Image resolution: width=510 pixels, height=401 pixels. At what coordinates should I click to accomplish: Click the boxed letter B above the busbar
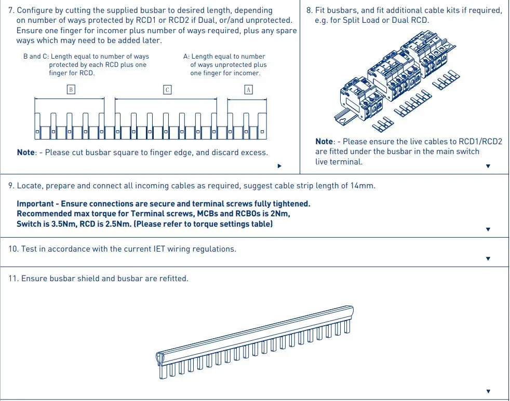(71, 89)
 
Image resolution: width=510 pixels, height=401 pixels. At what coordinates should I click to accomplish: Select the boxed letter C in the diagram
(167, 89)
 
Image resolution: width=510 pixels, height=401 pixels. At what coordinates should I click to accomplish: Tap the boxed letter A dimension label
(249, 89)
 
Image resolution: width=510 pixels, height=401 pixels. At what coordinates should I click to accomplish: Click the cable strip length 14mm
(362, 186)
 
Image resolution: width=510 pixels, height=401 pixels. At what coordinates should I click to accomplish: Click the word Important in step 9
(35, 204)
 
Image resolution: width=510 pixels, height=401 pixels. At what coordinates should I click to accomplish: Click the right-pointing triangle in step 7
(279, 166)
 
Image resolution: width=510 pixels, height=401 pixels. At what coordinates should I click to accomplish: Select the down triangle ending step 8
(488, 166)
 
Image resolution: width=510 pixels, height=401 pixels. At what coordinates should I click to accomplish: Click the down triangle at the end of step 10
(488, 258)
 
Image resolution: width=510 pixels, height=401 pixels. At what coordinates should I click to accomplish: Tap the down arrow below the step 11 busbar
(488, 391)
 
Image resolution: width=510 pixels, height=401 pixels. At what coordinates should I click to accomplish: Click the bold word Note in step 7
(25, 153)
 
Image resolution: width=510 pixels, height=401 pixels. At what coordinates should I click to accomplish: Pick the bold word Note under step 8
(324, 142)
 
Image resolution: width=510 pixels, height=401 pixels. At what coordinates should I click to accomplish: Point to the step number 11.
(12, 279)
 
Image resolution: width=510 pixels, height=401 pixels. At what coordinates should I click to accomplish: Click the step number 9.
(10, 186)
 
